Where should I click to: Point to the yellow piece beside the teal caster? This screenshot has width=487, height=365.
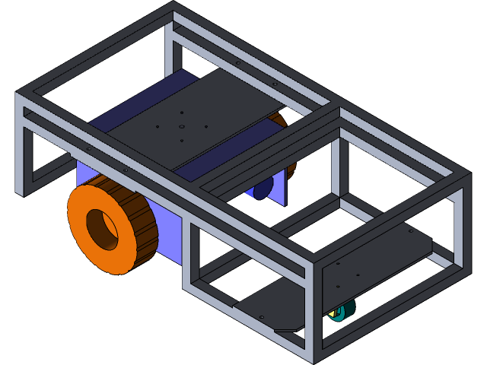333,313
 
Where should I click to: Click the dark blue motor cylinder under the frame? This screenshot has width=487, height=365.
262,188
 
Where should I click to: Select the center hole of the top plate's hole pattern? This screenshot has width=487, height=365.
182,126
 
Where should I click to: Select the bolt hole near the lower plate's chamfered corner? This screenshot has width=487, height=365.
262,316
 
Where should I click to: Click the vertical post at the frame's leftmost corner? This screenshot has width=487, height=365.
21,144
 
